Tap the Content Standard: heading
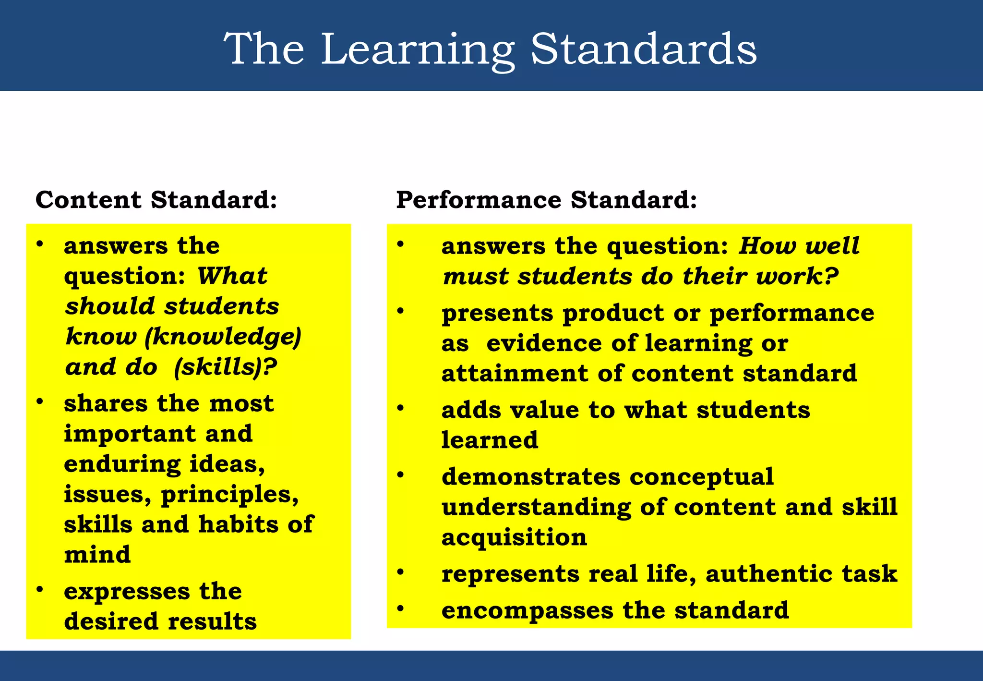pyautogui.click(x=156, y=200)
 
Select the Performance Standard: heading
pyautogui.click(x=546, y=200)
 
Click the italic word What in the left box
pyautogui.click(x=232, y=276)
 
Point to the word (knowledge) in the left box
pyautogui.click(x=223, y=337)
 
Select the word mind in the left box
pyautogui.click(x=97, y=555)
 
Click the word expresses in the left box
pyautogui.click(x=127, y=592)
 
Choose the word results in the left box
pyautogui.click(x=212, y=621)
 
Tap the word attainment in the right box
pyautogui.click(x=515, y=374)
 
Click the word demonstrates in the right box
pyautogui.click(x=531, y=477)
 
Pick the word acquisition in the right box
pyautogui.click(x=514, y=537)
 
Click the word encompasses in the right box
pyautogui.click(x=527, y=610)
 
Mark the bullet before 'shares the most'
pyautogui.click(x=40, y=401)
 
